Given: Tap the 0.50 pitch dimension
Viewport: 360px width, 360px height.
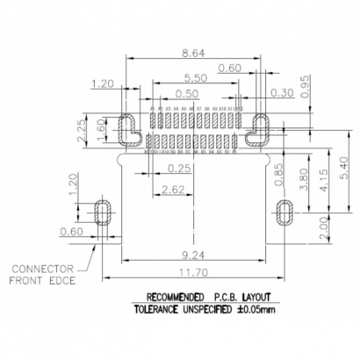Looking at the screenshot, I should tap(186, 94).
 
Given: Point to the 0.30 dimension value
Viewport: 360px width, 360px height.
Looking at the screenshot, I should tap(258, 93).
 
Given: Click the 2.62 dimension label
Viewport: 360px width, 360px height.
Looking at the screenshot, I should tap(172, 189).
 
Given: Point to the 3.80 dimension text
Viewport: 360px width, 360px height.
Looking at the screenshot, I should tap(303, 179).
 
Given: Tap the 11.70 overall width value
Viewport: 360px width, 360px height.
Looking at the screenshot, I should tap(195, 274).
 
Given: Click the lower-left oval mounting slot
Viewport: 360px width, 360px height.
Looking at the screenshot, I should tap(103, 213).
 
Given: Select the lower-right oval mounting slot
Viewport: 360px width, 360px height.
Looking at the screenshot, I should tap(284, 213).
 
